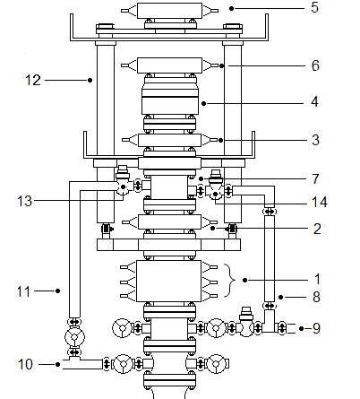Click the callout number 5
[314, 7]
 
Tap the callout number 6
[315, 65]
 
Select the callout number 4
[314, 102]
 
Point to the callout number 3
[315, 140]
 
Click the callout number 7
[315, 179]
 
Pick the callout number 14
[320, 202]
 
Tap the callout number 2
[317, 229]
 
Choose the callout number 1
[317, 279]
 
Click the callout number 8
[316, 297]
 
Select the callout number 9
[316, 328]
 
